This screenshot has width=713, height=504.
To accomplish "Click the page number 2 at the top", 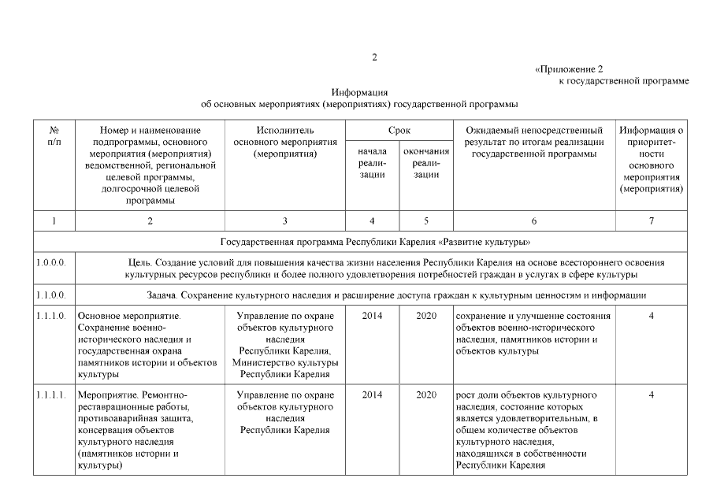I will click(375, 57).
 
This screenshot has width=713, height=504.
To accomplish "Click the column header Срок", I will click(399, 129).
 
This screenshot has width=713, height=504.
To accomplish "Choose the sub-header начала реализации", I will click(372, 162).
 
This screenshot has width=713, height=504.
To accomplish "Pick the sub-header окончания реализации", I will click(425, 162).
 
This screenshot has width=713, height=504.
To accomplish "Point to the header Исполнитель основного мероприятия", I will click(285, 142).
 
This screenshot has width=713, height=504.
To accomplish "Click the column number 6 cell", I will click(533, 221).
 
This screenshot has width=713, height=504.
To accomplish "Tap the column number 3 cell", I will click(285, 221).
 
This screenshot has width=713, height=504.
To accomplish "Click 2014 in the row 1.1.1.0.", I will click(372, 317).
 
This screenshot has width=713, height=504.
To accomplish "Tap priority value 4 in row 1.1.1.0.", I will click(651, 317).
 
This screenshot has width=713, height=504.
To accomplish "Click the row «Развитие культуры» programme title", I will click(375, 241).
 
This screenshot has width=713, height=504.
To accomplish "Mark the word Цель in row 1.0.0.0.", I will click(139, 262).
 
